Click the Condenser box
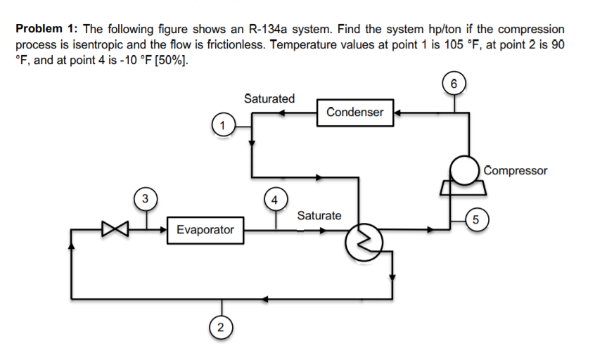354,112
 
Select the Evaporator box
205,230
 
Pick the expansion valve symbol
112,229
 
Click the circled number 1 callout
222,126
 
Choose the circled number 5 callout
476,219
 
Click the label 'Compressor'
516,169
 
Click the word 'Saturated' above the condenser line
269,98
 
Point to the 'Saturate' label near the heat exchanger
319,215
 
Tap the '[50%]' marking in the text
172,57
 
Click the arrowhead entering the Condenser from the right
398,112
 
